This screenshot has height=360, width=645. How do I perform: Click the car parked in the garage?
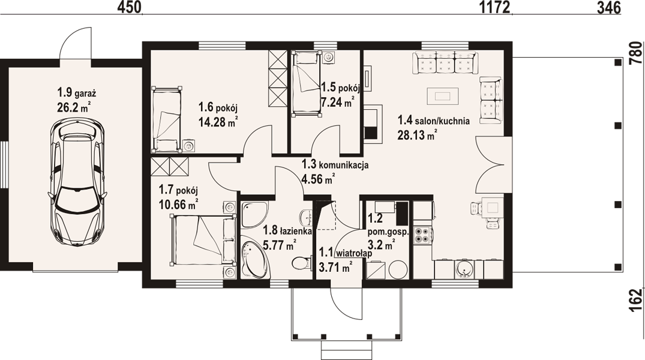click(77, 182)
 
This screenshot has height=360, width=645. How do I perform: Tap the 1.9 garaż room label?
click(77, 92)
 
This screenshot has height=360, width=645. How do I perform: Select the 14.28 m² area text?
click(218, 122)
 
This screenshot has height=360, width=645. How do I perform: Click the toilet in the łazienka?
click(302, 262)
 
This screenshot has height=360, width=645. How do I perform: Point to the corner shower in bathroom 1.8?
click(254, 214)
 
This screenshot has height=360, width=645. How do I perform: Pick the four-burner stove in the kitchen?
click(422, 235)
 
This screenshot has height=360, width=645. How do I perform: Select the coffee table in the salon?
click(443, 96)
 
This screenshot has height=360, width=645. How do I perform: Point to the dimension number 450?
click(130, 7)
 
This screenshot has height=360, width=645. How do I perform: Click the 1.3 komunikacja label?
click(335, 165)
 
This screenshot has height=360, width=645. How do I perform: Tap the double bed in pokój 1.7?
click(203, 240)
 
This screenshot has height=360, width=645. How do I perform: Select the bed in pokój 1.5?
click(306, 83)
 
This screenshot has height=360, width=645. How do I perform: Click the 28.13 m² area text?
click(417, 134)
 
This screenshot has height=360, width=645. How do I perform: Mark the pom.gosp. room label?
click(389, 232)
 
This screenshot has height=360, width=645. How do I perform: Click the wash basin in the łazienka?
click(305, 216)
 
